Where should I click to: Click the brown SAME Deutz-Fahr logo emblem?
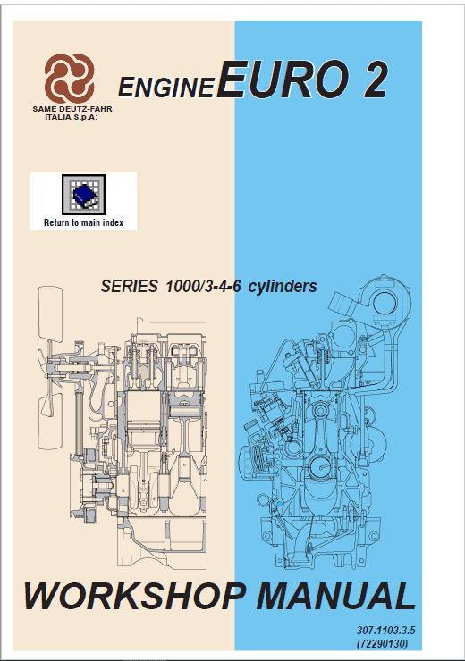point(69,79)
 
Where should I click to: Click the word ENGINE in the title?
point(166,87)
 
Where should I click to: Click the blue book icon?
point(83,195)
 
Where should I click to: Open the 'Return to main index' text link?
point(83,222)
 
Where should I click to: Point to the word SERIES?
point(129,286)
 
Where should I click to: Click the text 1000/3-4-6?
point(203,286)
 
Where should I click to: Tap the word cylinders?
point(283,286)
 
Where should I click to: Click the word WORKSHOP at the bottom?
point(135,596)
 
